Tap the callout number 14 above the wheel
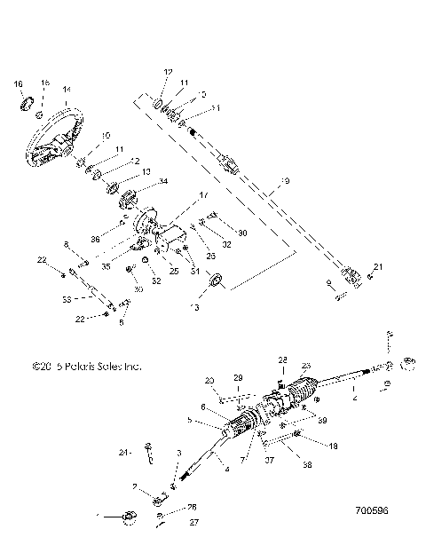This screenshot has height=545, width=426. pyautogui.click(x=66, y=90)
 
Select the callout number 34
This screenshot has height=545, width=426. pyautogui.click(x=162, y=182)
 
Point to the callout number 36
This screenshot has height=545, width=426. pyautogui.click(x=94, y=238)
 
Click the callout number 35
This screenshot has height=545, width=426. pyautogui.click(x=105, y=264)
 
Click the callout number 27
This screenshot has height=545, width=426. pyautogui.click(x=193, y=522)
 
